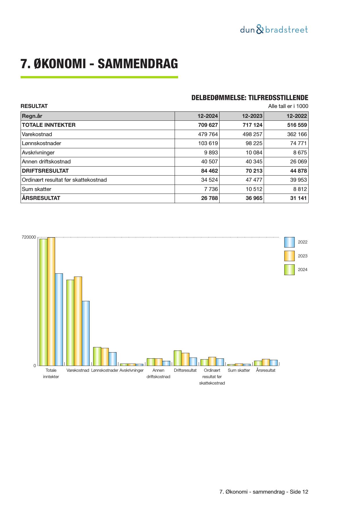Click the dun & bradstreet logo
(274, 30)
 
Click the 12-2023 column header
(252, 116)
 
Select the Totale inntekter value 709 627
(208, 125)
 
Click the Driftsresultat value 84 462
(209, 171)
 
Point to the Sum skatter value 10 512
(254, 189)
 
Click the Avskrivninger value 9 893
(211, 153)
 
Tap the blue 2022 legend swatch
(289, 242)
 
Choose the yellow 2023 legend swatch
(289, 256)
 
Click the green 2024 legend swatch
(289, 270)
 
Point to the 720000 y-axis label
(29, 237)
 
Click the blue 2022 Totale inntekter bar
(59, 319)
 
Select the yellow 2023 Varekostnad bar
(78, 321)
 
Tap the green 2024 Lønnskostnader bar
(97, 356)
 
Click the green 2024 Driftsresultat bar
(178, 358)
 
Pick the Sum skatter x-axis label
(239, 371)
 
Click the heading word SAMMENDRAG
(138, 64)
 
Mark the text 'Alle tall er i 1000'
(288, 106)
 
